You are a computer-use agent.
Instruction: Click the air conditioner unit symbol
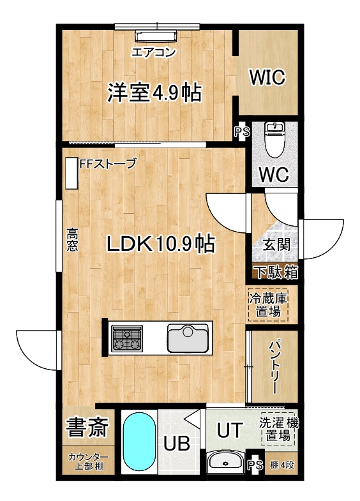(x=156, y=36)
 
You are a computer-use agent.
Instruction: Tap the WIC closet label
(x=267, y=77)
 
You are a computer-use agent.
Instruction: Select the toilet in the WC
(x=274, y=140)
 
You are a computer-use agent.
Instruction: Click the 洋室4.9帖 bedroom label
(x=154, y=93)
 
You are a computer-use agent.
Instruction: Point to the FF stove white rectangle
(x=72, y=173)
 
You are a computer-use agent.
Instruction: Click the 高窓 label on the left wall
(x=72, y=239)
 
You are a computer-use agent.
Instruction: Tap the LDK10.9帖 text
(x=160, y=244)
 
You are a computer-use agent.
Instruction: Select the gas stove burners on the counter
(x=127, y=339)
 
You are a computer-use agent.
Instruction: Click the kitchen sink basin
(x=188, y=338)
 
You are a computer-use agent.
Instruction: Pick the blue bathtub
(x=140, y=442)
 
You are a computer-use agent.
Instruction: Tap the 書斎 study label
(x=87, y=426)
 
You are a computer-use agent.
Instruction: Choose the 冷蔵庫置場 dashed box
(x=268, y=305)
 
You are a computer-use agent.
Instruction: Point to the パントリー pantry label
(x=274, y=368)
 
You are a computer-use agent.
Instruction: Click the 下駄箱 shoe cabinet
(x=275, y=273)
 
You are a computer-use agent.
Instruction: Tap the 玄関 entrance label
(x=276, y=245)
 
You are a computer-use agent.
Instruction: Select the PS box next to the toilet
(x=242, y=131)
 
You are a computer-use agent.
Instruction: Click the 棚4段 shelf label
(x=281, y=465)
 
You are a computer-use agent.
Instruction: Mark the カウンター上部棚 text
(x=89, y=461)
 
